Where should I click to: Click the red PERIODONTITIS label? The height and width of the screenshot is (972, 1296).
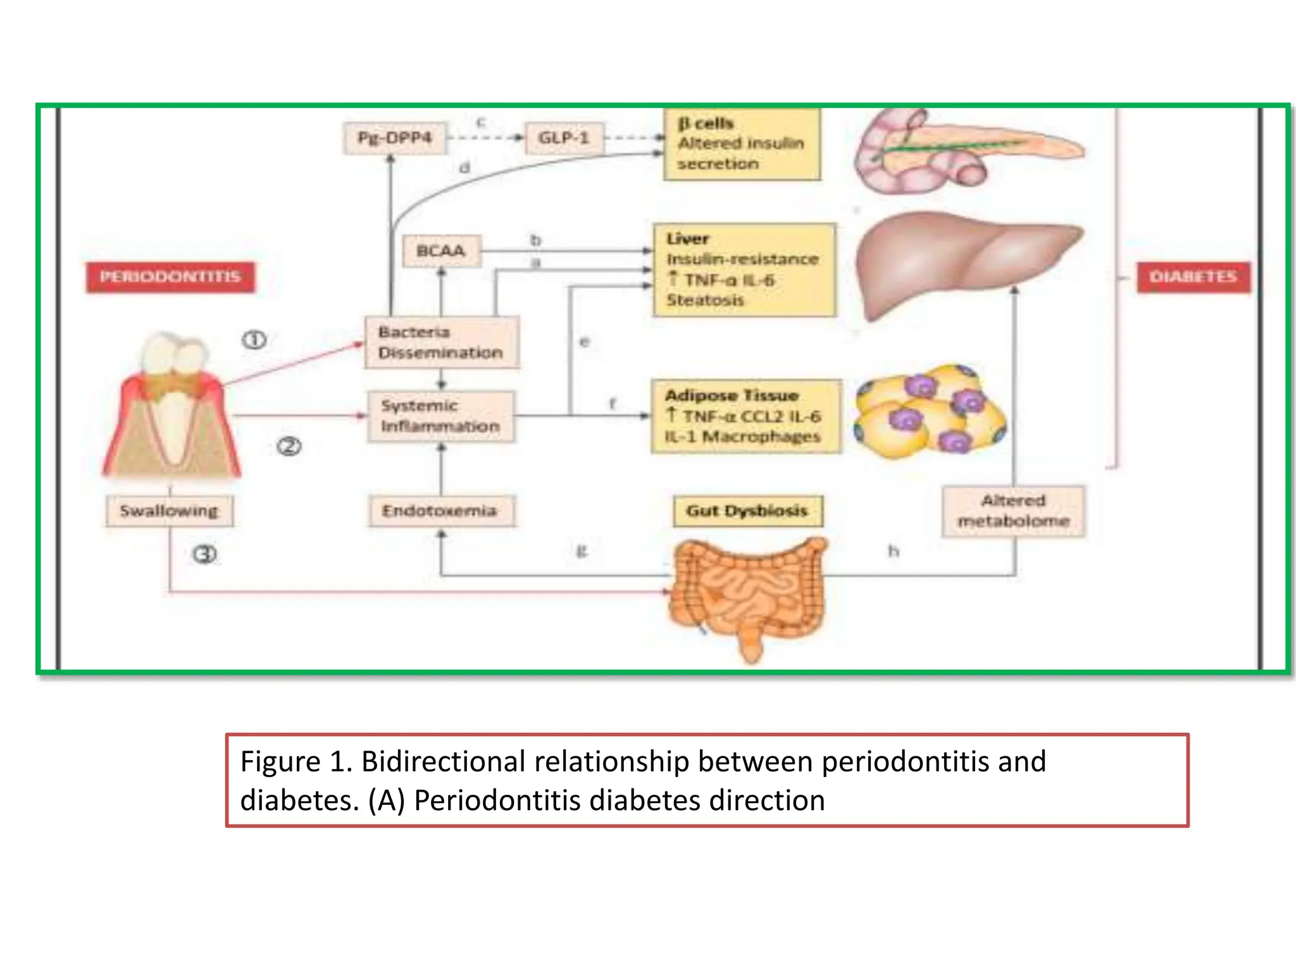(170, 277)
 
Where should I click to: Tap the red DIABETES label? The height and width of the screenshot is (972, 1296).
(1193, 277)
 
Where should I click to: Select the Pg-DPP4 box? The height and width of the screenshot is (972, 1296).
(395, 138)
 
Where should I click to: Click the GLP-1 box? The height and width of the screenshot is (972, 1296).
(563, 138)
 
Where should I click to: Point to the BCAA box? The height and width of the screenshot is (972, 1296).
(441, 251)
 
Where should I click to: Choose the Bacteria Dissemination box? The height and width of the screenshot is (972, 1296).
(441, 342)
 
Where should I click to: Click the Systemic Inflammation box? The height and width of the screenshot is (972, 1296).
(440, 416)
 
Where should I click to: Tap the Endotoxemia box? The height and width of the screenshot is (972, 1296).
(440, 511)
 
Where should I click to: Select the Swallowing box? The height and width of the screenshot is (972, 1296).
(169, 511)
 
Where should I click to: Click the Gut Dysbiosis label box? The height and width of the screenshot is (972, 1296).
(747, 511)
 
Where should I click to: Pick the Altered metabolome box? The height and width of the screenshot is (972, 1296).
(1013, 511)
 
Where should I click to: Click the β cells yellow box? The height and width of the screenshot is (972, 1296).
(742, 144)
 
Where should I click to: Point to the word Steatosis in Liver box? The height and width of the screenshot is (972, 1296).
(705, 301)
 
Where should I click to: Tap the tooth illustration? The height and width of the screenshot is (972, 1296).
(171, 405)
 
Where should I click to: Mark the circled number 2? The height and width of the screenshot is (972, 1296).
(289, 447)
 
